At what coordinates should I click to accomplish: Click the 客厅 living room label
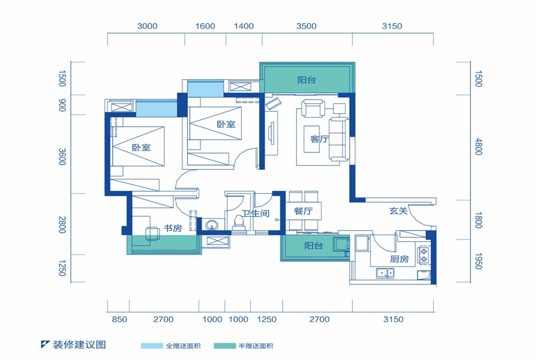point(319,139)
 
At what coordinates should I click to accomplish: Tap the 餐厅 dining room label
point(304,211)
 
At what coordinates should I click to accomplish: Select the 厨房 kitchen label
point(400,259)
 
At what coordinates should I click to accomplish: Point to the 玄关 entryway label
point(398,211)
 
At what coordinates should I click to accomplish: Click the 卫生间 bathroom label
point(256,213)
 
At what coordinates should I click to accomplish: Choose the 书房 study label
point(173,228)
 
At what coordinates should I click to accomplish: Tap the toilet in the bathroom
point(238,223)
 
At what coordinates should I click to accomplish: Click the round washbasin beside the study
point(211,226)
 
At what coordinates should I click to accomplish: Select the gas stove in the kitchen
point(424,255)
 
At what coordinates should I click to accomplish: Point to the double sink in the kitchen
point(385,274)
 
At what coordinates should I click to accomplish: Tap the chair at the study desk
point(152,234)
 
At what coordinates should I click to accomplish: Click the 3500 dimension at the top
point(306,26)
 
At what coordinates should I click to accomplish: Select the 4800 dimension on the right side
point(478,146)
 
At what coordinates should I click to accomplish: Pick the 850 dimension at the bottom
point(119,319)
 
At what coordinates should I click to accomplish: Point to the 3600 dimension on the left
point(62,157)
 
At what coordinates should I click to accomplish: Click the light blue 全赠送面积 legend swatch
point(152,346)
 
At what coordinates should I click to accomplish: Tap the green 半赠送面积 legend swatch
point(224,346)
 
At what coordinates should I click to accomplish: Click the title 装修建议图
point(79,344)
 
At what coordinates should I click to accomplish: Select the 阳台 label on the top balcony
point(307,80)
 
